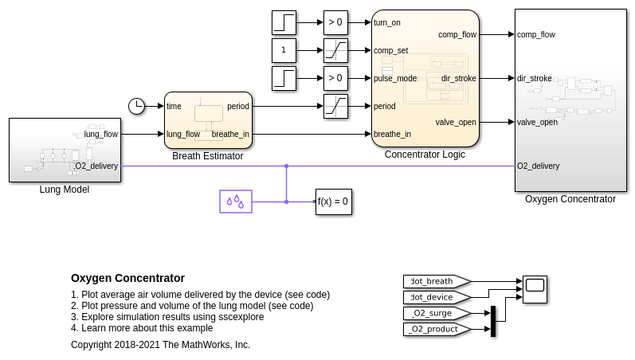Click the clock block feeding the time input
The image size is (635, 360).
click(136, 106)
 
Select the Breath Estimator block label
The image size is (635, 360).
click(207, 156)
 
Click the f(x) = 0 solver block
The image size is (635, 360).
click(333, 202)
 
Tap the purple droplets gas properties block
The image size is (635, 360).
click(236, 202)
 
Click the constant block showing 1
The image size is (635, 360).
click(284, 50)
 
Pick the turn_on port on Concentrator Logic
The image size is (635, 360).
click(387, 22)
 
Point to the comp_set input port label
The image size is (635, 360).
click(390, 50)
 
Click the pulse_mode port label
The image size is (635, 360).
click(395, 78)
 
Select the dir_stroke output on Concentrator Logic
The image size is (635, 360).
click(458, 78)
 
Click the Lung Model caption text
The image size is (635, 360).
click(65, 190)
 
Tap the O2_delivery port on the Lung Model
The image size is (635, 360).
click(97, 166)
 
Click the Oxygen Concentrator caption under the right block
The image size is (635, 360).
click(570, 199)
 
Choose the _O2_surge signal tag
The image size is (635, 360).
click(434, 313)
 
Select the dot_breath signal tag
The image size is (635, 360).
click(434, 281)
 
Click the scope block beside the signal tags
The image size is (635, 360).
click(535, 289)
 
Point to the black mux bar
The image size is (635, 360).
click(493, 321)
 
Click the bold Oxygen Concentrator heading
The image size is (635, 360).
click(127, 278)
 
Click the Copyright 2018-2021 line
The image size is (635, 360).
click(160, 345)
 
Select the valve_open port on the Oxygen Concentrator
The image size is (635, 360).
click(537, 122)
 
